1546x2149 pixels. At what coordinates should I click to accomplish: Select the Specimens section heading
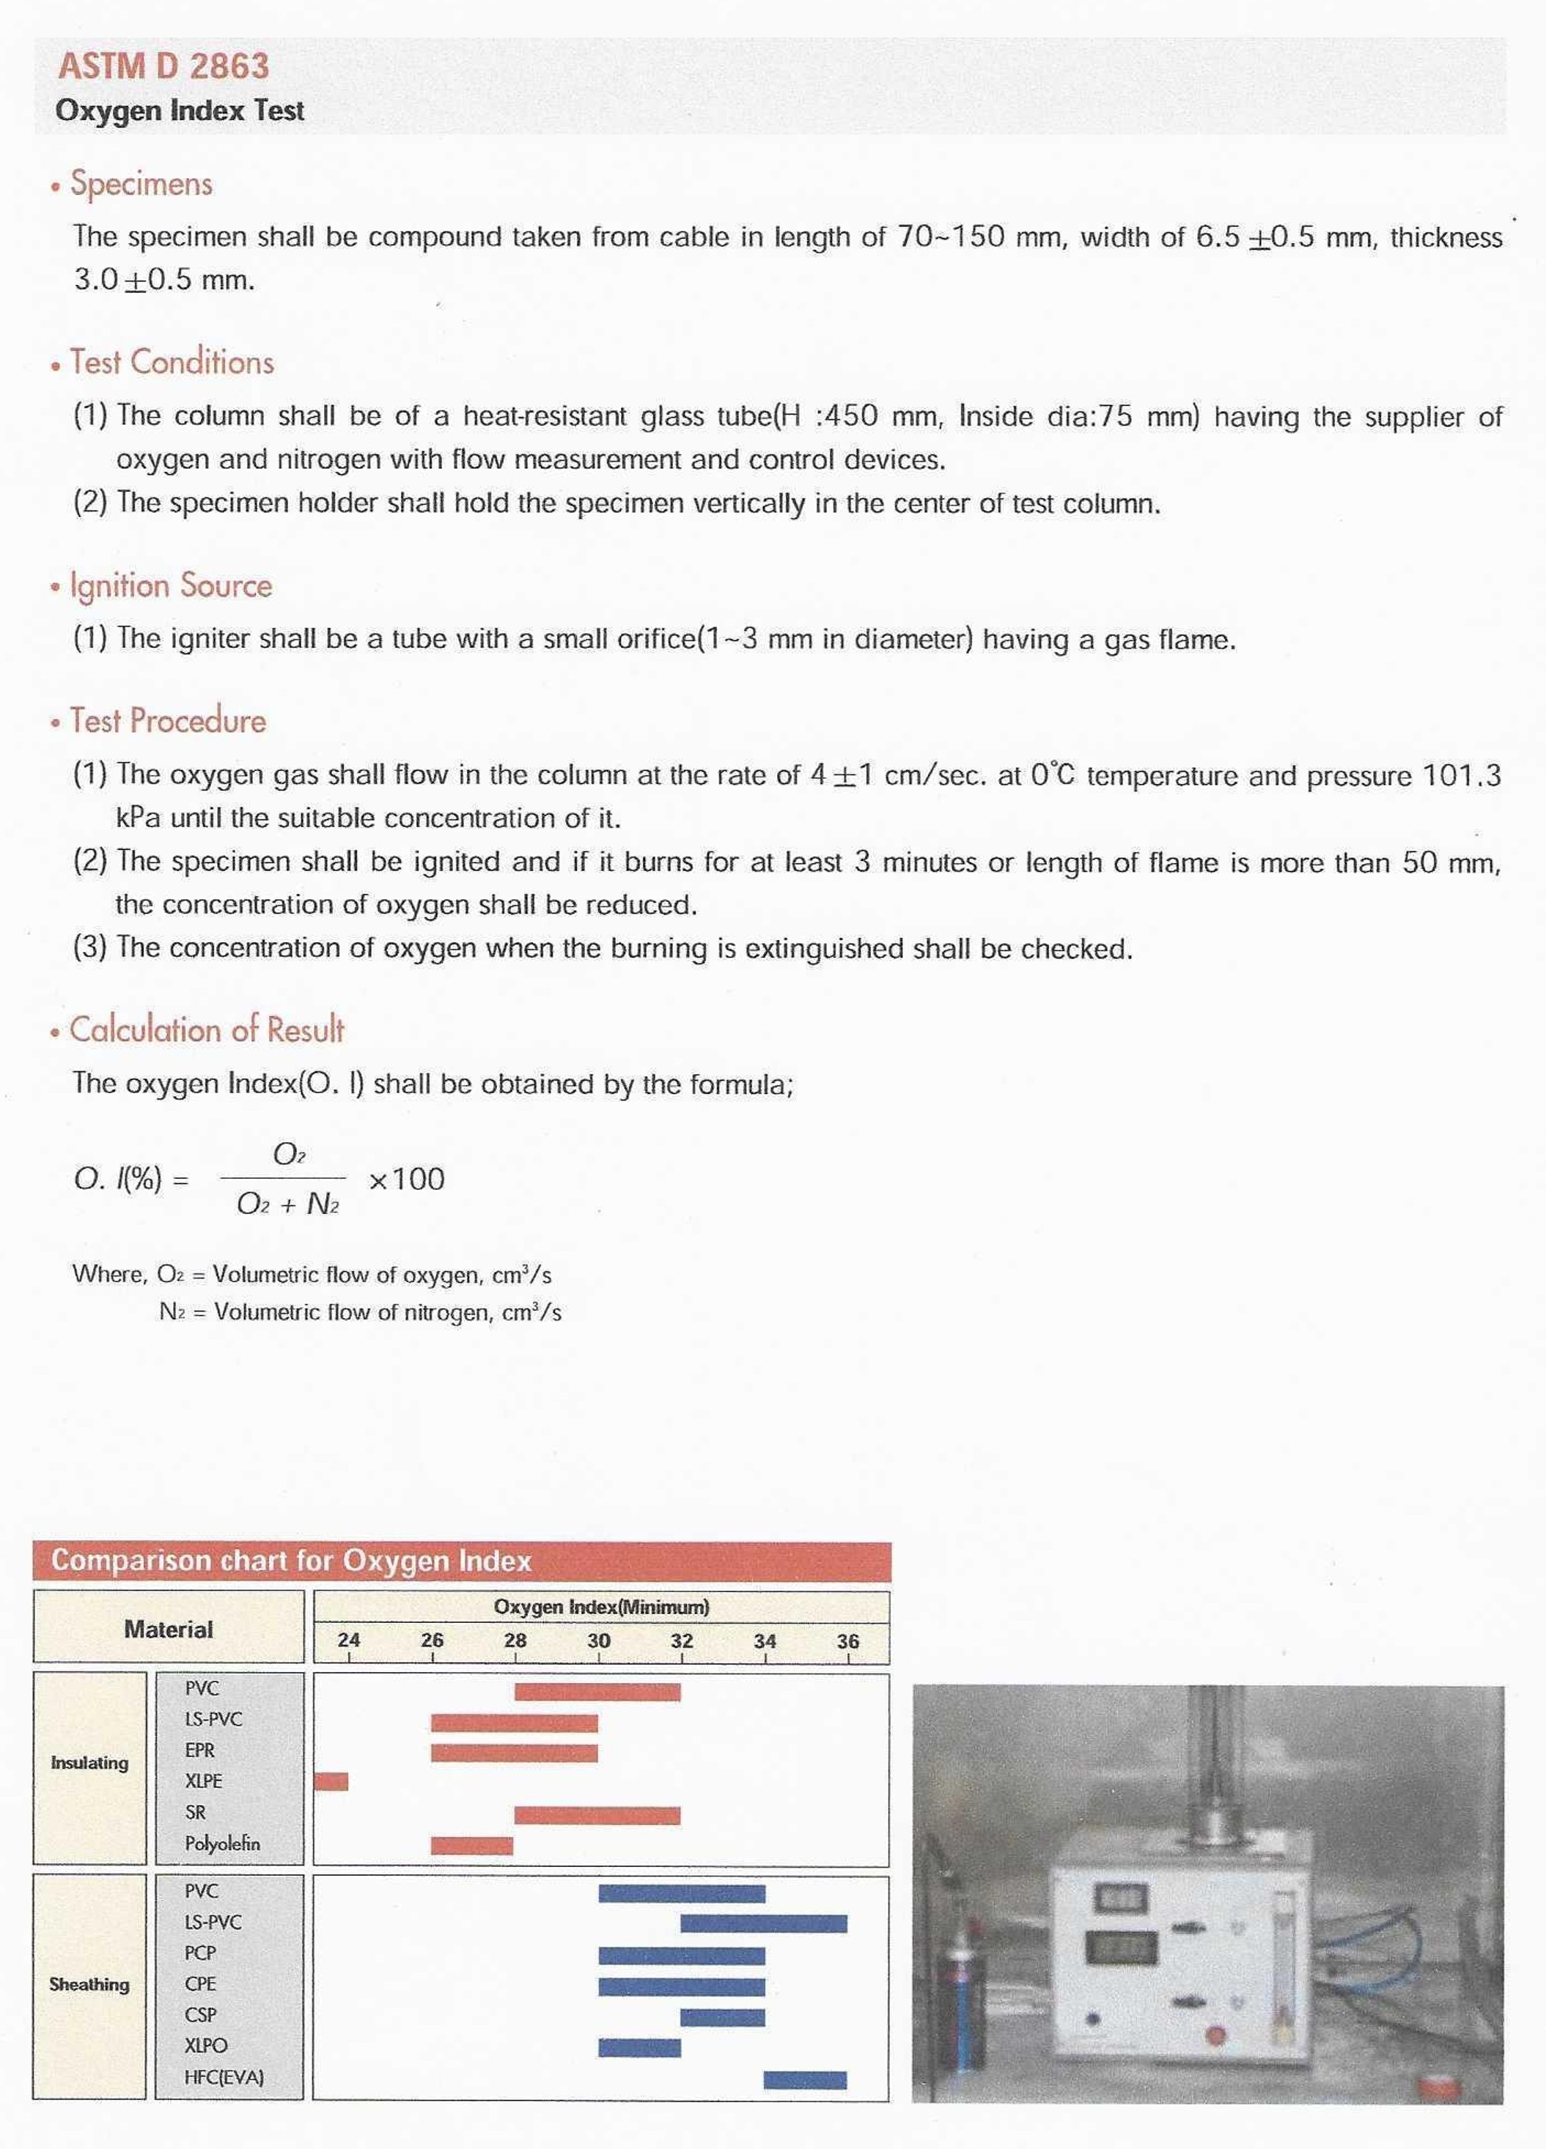point(141,183)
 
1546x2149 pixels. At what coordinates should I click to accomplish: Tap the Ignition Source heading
point(171,585)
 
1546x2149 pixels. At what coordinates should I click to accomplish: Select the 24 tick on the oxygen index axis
point(349,1641)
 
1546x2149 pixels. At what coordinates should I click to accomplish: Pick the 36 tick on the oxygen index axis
point(847,1641)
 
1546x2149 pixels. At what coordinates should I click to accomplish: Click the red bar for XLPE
point(331,1781)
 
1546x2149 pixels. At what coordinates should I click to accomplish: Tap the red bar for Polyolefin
point(471,1845)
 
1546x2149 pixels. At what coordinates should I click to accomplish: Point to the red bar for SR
point(597,1814)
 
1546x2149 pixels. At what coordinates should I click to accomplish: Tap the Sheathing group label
point(89,1984)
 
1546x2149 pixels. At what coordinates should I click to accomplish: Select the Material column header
point(168,1630)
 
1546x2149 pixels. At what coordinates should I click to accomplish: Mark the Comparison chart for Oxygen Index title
point(291,1561)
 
